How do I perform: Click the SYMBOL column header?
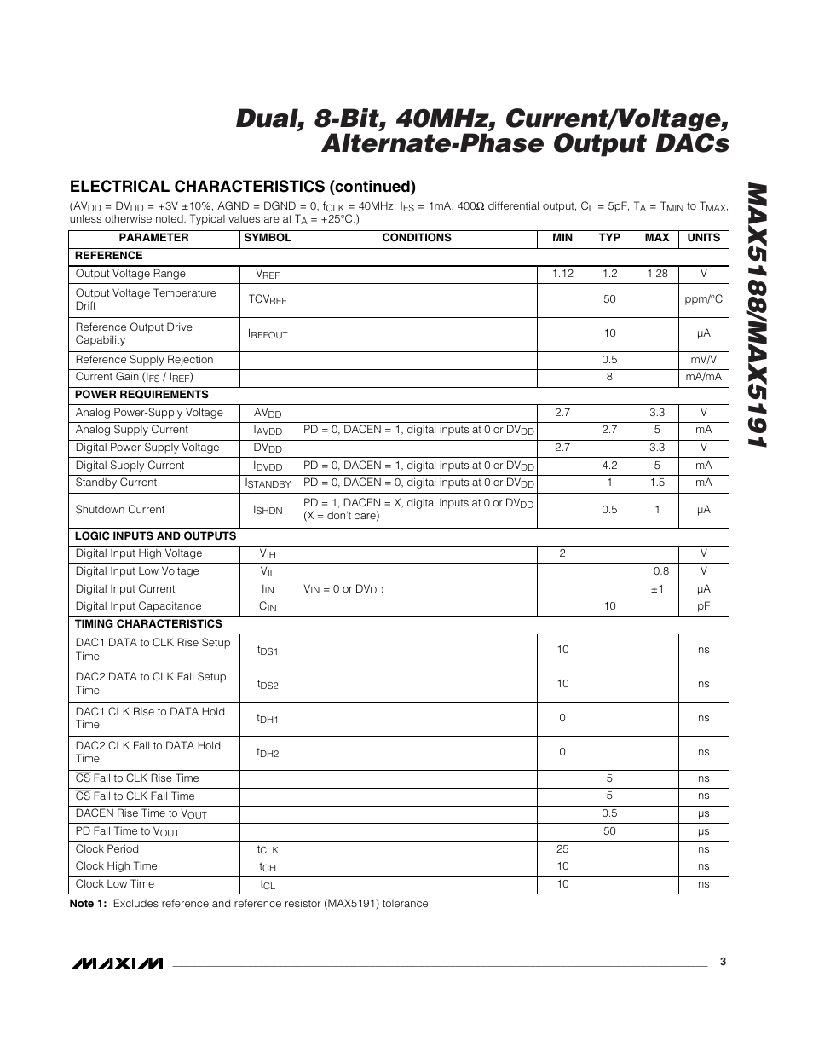[268, 238]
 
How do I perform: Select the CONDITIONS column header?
[417, 238]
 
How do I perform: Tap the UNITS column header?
[703, 238]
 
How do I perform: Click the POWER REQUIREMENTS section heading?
[141, 395]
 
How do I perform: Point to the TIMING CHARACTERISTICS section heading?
[148, 624]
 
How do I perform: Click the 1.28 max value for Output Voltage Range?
[657, 274]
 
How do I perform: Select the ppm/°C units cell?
[703, 299]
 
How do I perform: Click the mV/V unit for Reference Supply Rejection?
[703, 360]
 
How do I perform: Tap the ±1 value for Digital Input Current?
[657, 589]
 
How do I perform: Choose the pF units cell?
[703, 606]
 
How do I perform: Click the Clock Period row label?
[107, 849]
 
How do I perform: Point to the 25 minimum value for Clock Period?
[562, 849]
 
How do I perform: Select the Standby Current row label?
[116, 483]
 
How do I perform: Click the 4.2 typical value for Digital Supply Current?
[609, 466]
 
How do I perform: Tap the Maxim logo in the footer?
[117, 963]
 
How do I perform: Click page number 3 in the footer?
[722, 962]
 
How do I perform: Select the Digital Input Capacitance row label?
[138, 606]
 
